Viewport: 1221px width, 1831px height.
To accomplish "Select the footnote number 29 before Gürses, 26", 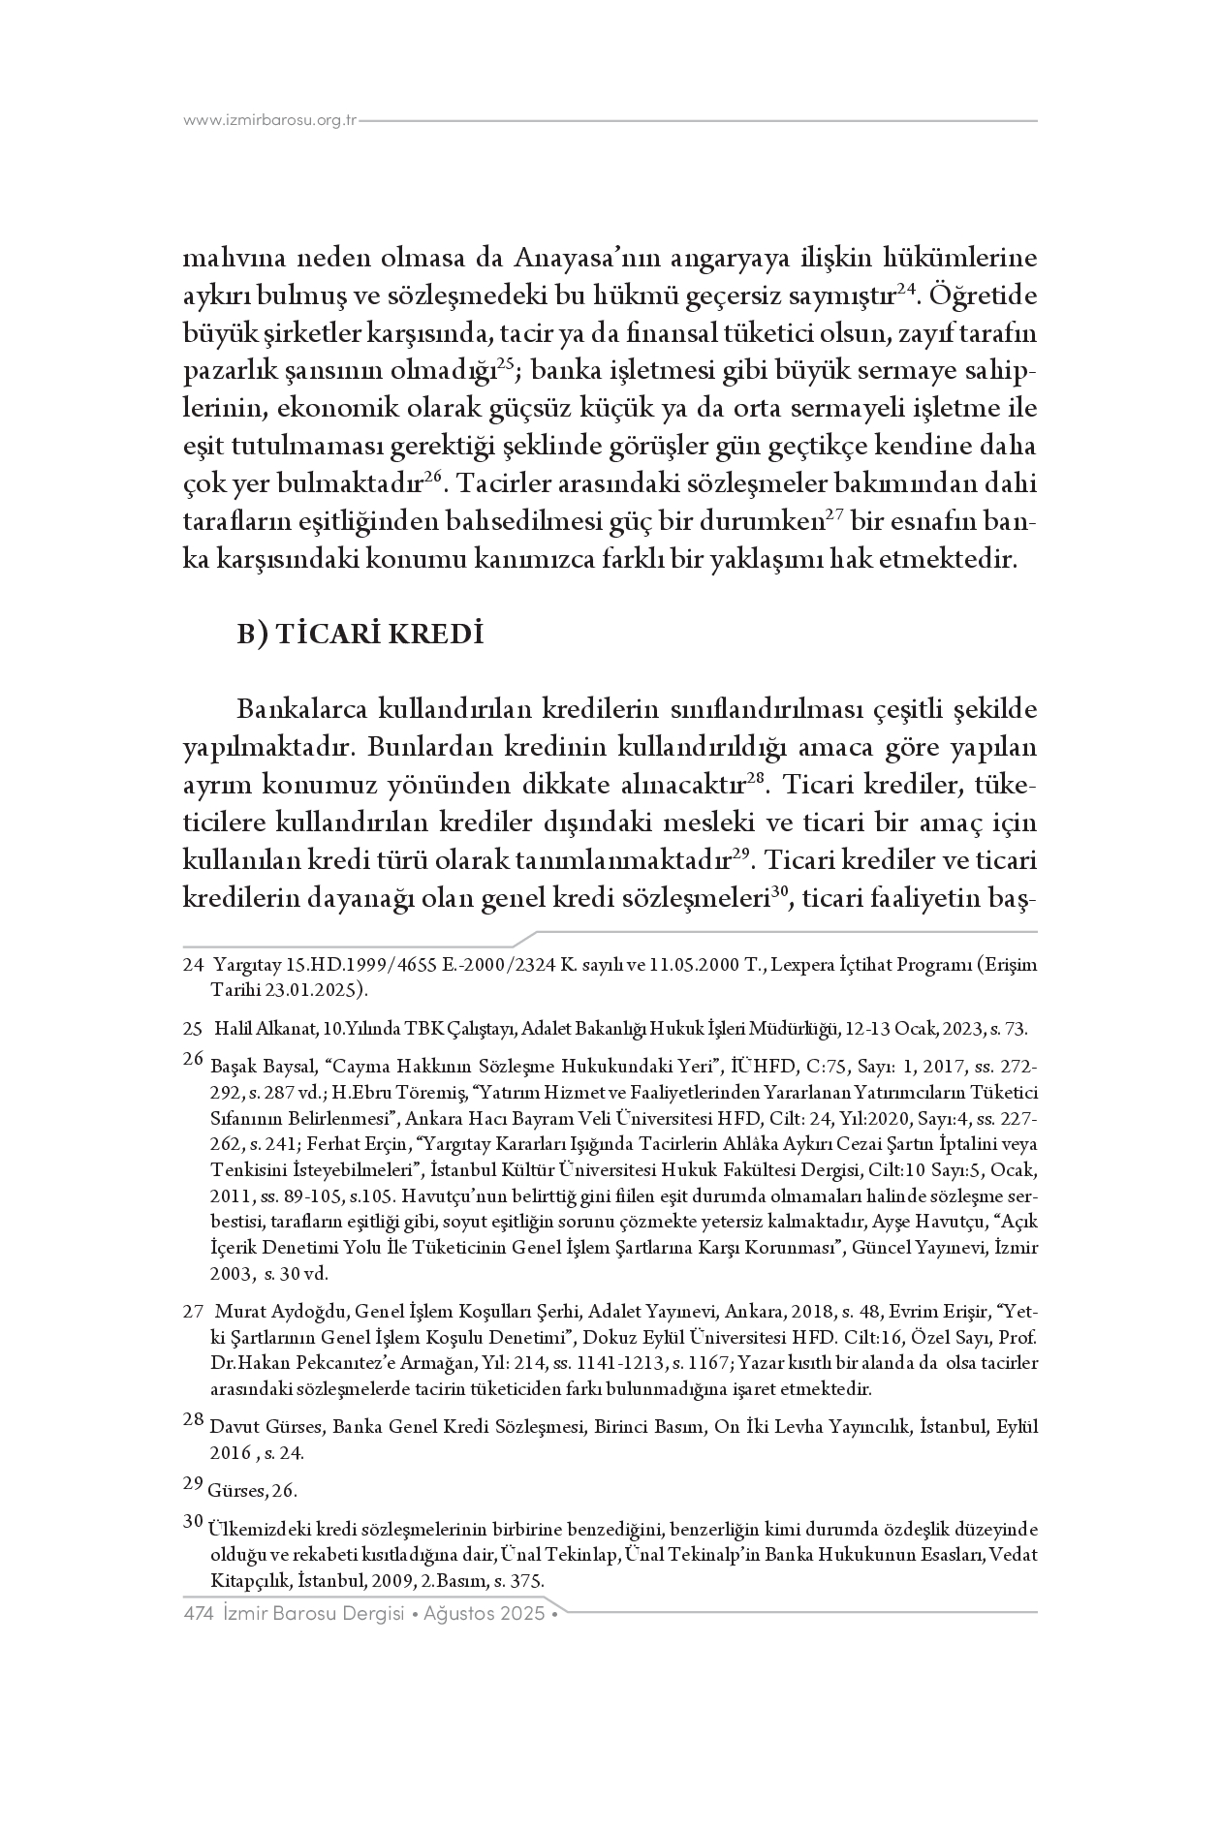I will point(192,1482).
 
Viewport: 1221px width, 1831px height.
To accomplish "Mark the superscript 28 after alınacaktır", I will point(756,780).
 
